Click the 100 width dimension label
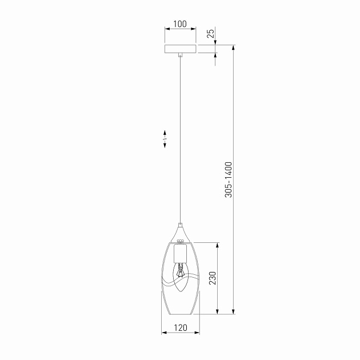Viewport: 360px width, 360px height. pos(180,24)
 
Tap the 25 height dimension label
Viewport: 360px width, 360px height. pos(211,34)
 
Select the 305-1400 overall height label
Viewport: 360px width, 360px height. pos(229,179)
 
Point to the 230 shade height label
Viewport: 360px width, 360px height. pos(212,278)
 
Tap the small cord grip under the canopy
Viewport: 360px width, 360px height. pos(180,57)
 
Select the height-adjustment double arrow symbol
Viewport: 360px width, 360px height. pos(165,139)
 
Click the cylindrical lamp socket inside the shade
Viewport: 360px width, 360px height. pos(180,252)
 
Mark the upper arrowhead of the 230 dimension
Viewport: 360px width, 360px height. pos(217,245)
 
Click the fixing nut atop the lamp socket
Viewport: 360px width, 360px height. pos(180,241)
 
